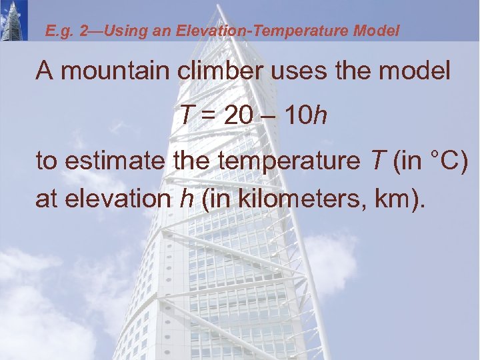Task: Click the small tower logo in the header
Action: coord(14,21)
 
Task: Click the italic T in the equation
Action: coord(186,116)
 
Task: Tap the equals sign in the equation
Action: coord(208,117)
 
